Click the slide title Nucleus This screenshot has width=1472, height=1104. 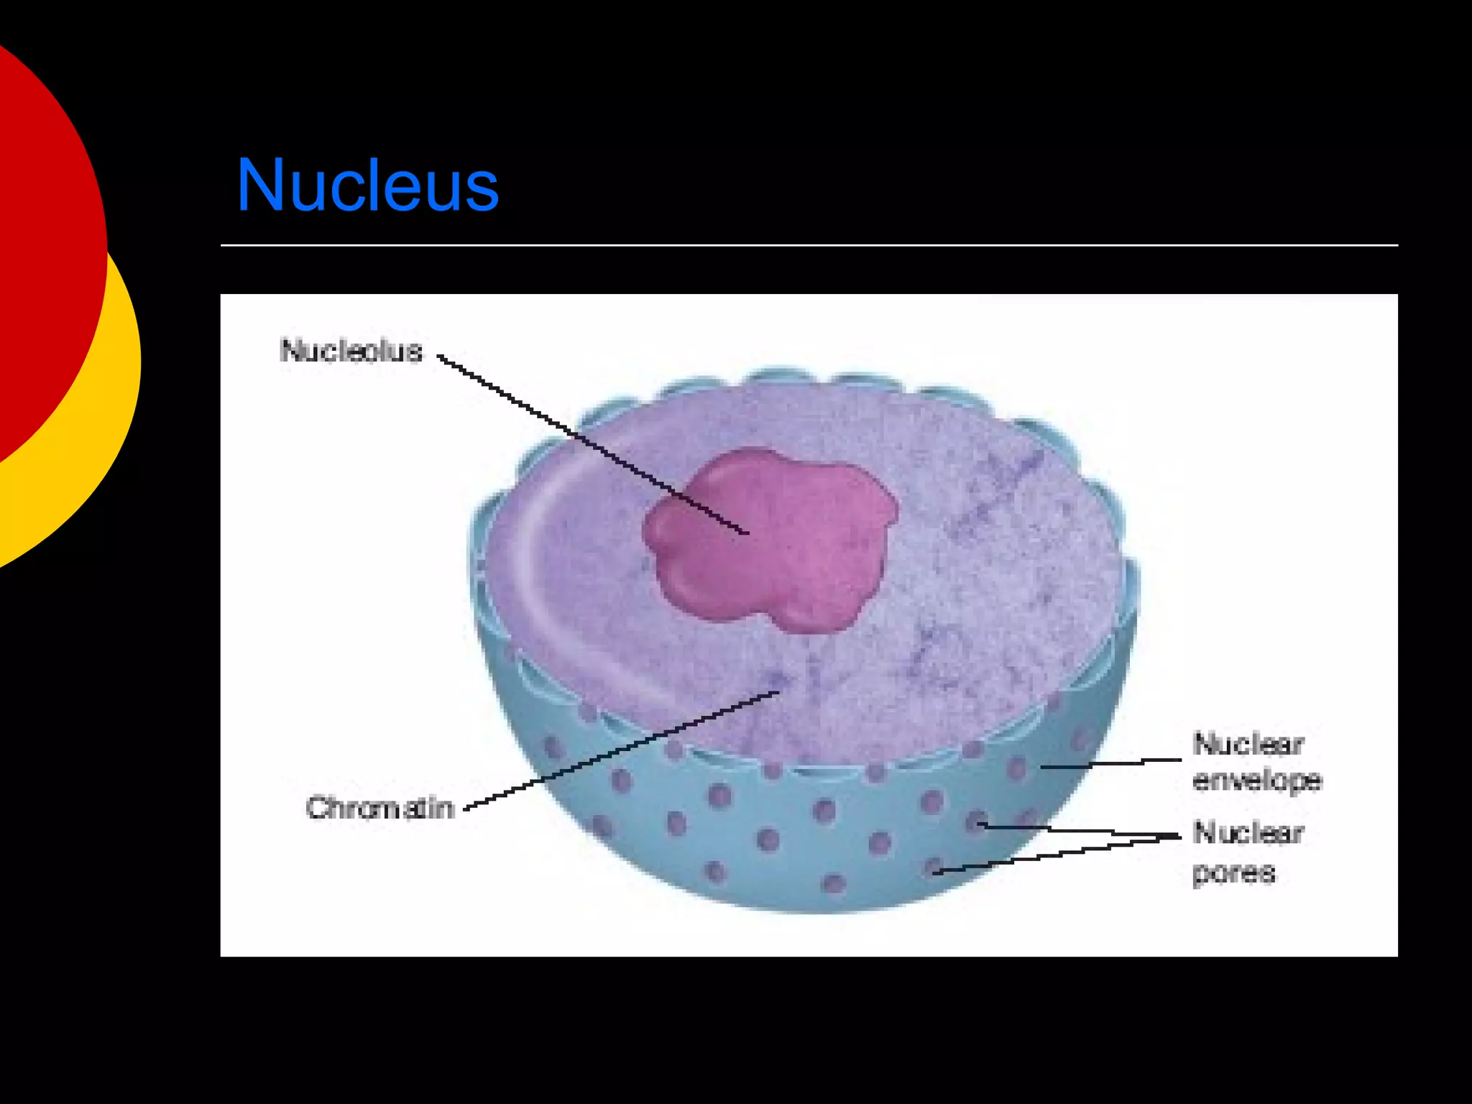(367, 185)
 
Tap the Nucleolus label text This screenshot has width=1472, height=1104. (351, 351)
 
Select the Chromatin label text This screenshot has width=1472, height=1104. (380, 808)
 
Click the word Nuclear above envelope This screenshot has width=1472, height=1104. (1248, 744)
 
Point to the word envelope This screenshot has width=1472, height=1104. (1256, 781)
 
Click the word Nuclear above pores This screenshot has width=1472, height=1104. (1248, 833)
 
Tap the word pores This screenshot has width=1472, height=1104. (1233, 873)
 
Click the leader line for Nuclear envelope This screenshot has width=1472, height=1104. (1110, 764)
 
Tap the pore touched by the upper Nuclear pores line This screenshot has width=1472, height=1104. (976, 820)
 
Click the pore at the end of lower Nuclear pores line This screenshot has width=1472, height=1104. (934, 867)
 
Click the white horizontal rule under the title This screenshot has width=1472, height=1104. (809, 245)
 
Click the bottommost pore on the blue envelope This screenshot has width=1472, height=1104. (834, 883)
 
